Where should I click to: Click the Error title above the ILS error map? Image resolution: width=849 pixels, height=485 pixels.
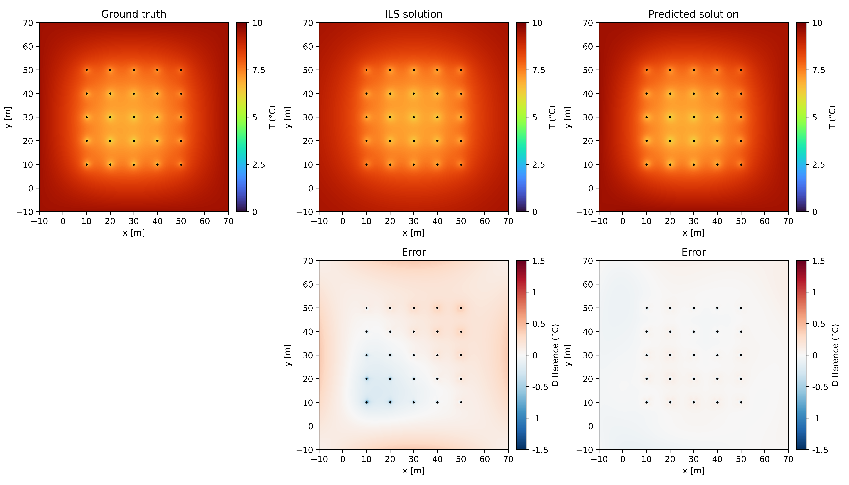point(413,252)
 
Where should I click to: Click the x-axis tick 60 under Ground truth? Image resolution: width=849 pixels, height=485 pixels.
point(205,221)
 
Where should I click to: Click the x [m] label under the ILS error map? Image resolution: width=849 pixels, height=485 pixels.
point(413,471)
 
